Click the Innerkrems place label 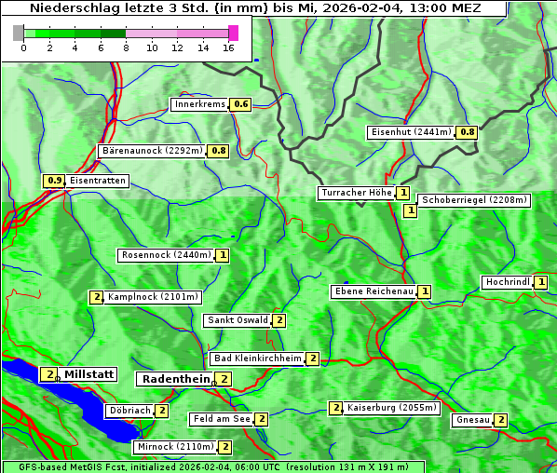(200, 104)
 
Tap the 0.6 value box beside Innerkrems (241, 104)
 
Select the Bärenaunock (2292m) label (152, 150)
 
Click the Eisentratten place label (98, 181)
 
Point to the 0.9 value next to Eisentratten (54, 181)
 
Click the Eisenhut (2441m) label (410, 131)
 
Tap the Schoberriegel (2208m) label (474, 199)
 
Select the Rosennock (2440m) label (167, 254)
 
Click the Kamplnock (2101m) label (153, 297)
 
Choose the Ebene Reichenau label (374, 291)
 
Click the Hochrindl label (508, 282)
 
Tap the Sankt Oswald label (238, 320)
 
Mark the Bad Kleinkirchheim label (258, 358)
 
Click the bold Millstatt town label (89, 374)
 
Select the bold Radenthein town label (175, 379)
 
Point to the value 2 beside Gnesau (501, 420)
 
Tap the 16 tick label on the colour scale (228, 47)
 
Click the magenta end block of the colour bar (233, 33)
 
